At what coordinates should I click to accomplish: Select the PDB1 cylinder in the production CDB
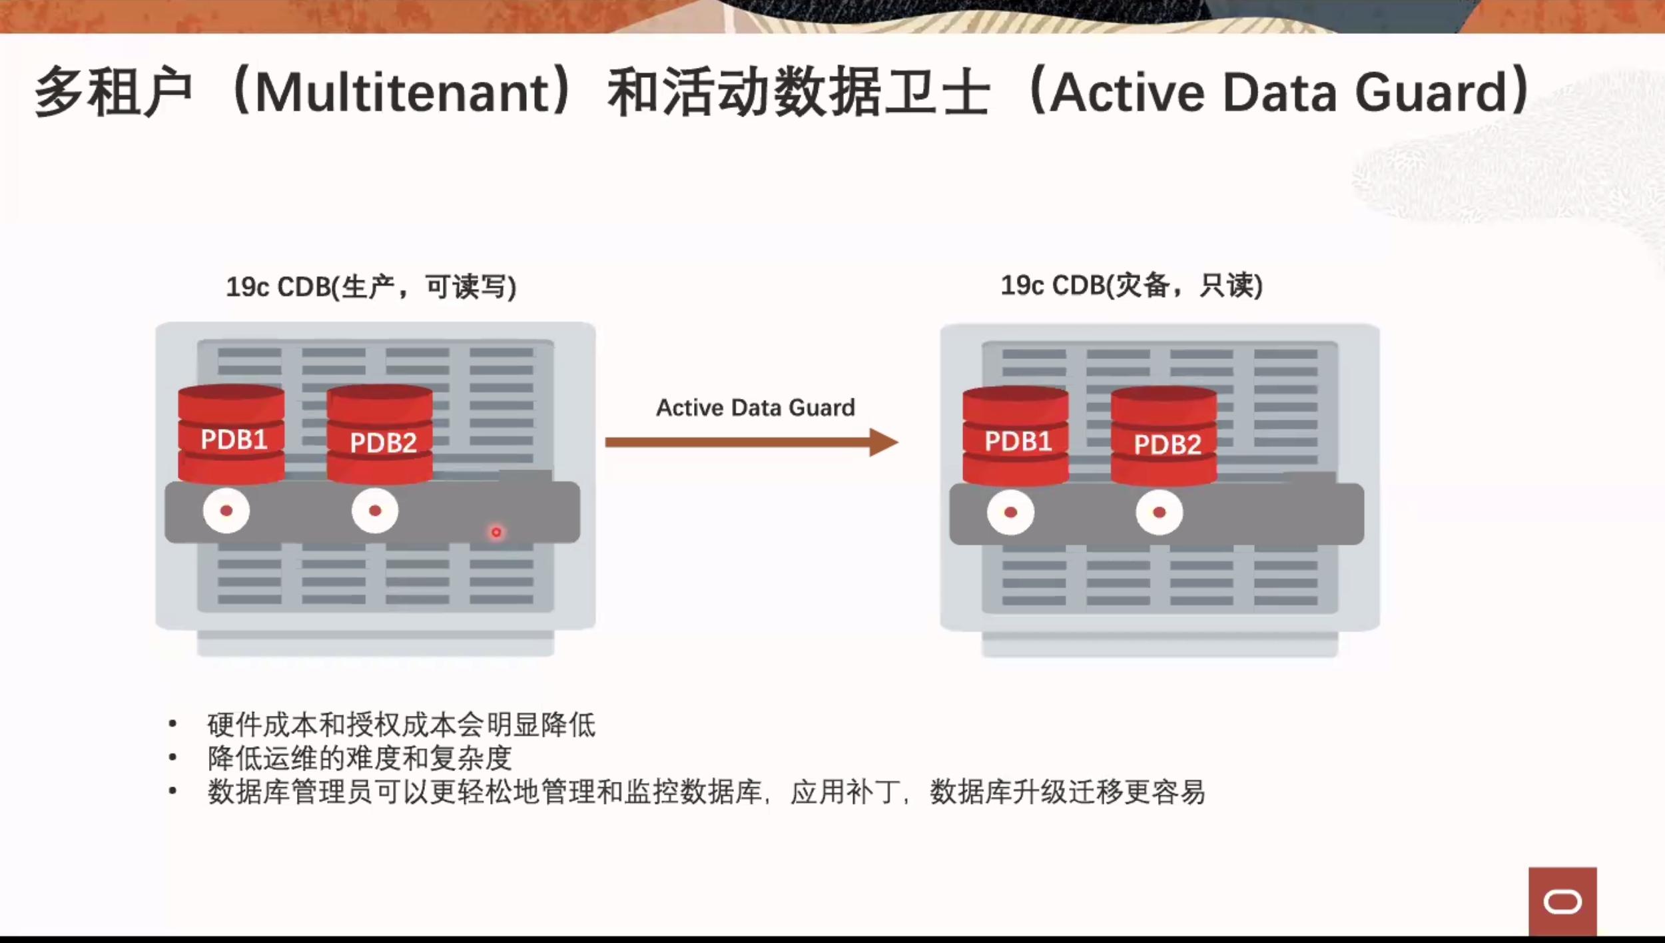(x=231, y=434)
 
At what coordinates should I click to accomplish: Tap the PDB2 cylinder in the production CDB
(x=380, y=435)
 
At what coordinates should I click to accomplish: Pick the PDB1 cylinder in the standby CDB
(x=1016, y=436)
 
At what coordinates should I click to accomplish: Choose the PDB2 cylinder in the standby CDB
(x=1164, y=437)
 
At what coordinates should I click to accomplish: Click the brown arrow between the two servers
(x=751, y=442)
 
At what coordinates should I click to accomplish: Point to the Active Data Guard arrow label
(x=755, y=408)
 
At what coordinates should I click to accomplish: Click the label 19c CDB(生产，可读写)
(x=371, y=287)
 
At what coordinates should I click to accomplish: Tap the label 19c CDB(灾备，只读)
(x=1132, y=286)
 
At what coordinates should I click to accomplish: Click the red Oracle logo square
(x=1562, y=902)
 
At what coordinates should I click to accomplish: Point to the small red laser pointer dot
(x=496, y=532)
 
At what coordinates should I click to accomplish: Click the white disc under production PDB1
(x=226, y=511)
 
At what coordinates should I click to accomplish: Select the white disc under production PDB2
(x=375, y=511)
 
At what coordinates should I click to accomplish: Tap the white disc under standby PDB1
(x=1011, y=513)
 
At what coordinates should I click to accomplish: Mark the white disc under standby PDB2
(x=1160, y=513)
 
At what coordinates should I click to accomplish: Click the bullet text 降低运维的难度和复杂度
(x=360, y=759)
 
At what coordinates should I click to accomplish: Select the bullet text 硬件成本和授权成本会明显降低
(x=402, y=725)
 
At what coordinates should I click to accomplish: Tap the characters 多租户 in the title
(x=113, y=92)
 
